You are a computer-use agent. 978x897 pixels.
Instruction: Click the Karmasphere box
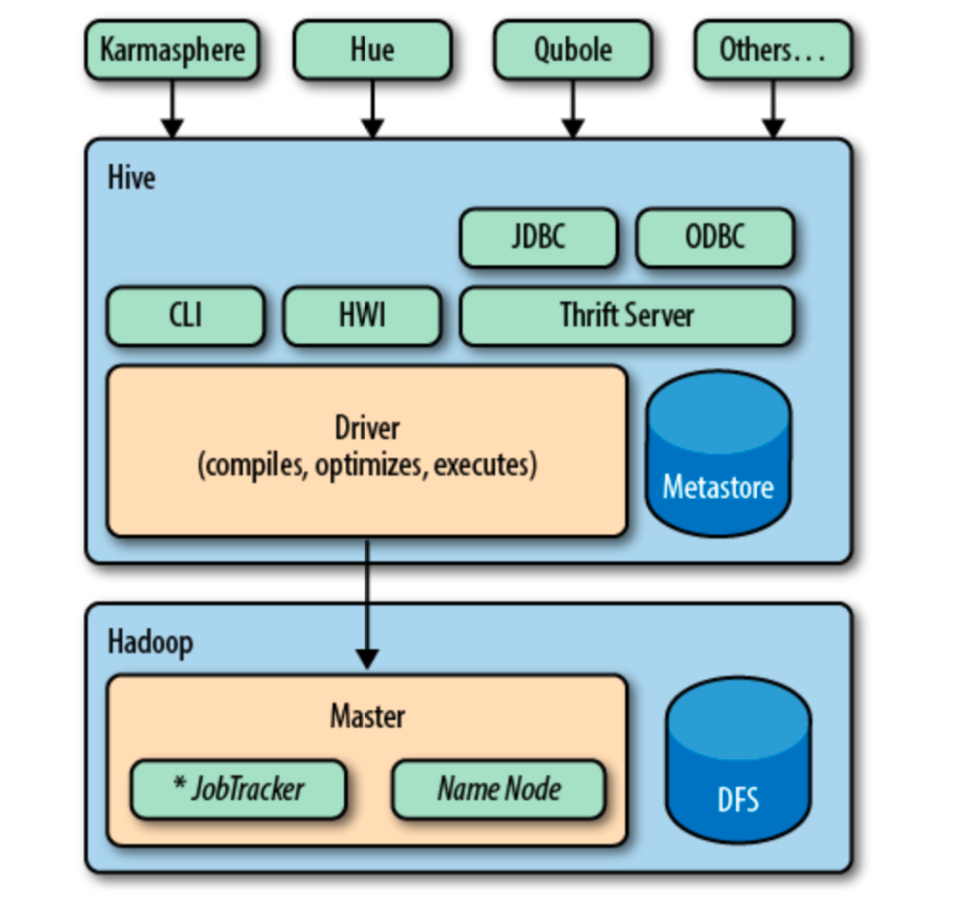pyautogui.click(x=172, y=51)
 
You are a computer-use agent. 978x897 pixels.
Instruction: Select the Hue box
pyautogui.click(x=373, y=51)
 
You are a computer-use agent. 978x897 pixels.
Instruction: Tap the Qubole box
pyautogui.click(x=573, y=51)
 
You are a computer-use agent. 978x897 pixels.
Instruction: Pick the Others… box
pyautogui.click(x=773, y=51)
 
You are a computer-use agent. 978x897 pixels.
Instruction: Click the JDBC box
pyautogui.click(x=539, y=237)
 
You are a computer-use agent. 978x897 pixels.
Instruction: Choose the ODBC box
pyautogui.click(x=715, y=237)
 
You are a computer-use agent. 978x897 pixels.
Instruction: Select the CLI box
pyautogui.click(x=185, y=316)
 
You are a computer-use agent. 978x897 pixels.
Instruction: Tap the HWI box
pyautogui.click(x=362, y=316)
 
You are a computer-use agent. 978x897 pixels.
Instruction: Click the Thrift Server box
pyautogui.click(x=627, y=316)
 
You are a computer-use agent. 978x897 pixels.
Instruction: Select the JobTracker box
pyautogui.click(x=238, y=790)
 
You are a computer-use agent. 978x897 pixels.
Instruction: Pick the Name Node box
pyautogui.click(x=499, y=790)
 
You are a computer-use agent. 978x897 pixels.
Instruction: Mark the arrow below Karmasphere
pyautogui.click(x=173, y=109)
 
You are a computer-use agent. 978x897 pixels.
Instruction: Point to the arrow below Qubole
pyautogui.click(x=573, y=109)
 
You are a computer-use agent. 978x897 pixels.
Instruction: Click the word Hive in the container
pyautogui.click(x=131, y=178)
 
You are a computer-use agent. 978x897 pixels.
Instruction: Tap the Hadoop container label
pyautogui.click(x=150, y=642)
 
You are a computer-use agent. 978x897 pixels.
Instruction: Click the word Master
pyautogui.click(x=368, y=717)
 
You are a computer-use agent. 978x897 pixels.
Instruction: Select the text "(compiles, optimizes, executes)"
pyautogui.click(x=368, y=466)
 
